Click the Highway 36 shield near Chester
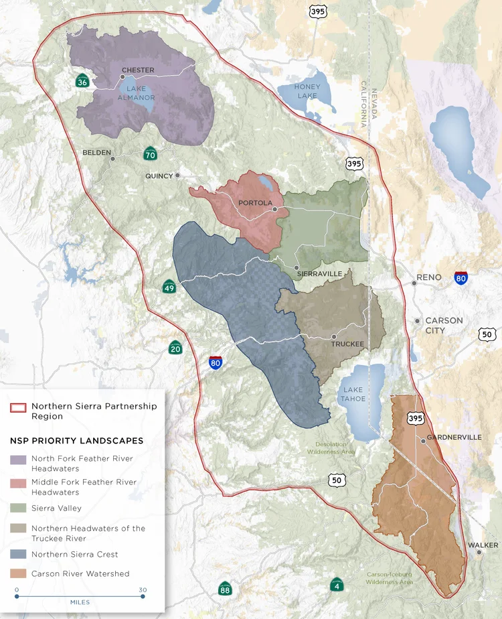click(82, 82)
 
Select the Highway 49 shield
click(169, 287)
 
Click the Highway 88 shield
click(226, 589)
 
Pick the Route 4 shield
click(337, 585)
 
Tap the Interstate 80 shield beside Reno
click(461, 278)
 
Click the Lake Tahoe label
click(354, 395)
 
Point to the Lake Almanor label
click(137, 93)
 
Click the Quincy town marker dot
click(177, 176)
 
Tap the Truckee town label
click(348, 344)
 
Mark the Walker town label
click(483, 545)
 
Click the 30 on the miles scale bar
click(143, 590)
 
